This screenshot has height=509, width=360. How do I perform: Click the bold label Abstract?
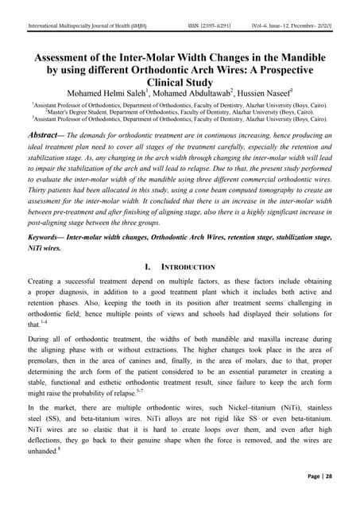(x=48, y=137)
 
